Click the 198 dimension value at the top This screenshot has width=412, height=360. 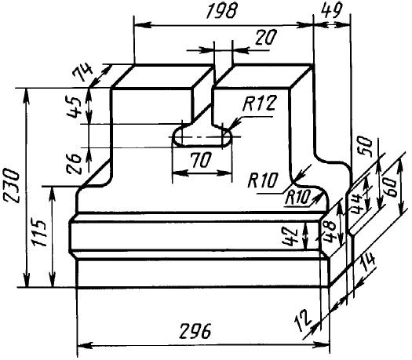[221, 12]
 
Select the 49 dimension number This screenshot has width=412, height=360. [333, 11]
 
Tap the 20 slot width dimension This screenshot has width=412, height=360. [266, 38]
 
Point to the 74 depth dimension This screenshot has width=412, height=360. [83, 72]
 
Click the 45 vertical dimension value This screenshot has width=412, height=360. [72, 107]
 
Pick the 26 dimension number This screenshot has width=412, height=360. [73, 164]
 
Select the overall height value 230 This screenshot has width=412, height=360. [12, 186]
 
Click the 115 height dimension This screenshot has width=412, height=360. [40, 233]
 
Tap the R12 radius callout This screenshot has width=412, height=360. [260, 104]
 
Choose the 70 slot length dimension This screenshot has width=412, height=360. [201, 161]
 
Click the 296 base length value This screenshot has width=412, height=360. [195, 331]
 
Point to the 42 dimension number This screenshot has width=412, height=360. [290, 236]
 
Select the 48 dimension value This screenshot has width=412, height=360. [329, 231]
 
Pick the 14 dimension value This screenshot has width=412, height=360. [368, 263]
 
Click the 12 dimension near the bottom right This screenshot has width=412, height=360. [303, 320]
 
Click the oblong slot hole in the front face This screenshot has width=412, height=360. [202, 136]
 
